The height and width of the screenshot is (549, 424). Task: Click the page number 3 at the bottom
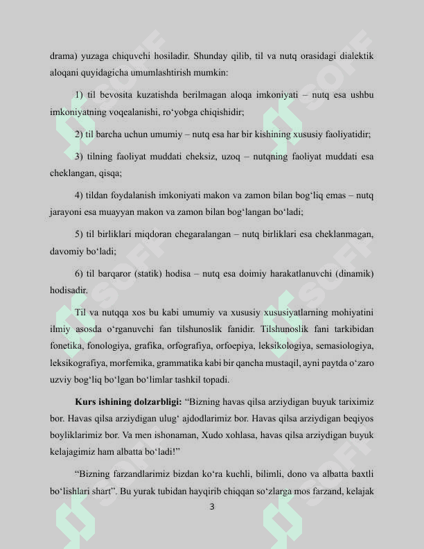click(211, 507)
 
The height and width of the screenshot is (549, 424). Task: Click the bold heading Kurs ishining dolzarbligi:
click(127, 402)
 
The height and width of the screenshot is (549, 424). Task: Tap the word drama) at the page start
click(64, 55)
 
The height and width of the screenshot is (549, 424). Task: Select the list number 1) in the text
click(79, 95)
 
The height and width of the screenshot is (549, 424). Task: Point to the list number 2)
click(79, 134)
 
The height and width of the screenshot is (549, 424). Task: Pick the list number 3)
click(79, 157)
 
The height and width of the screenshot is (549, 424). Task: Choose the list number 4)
click(79, 195)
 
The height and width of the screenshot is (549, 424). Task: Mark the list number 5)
click(79, 235)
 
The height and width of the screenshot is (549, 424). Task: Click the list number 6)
click(79, 274)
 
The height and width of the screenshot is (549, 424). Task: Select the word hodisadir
click(69, 290)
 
